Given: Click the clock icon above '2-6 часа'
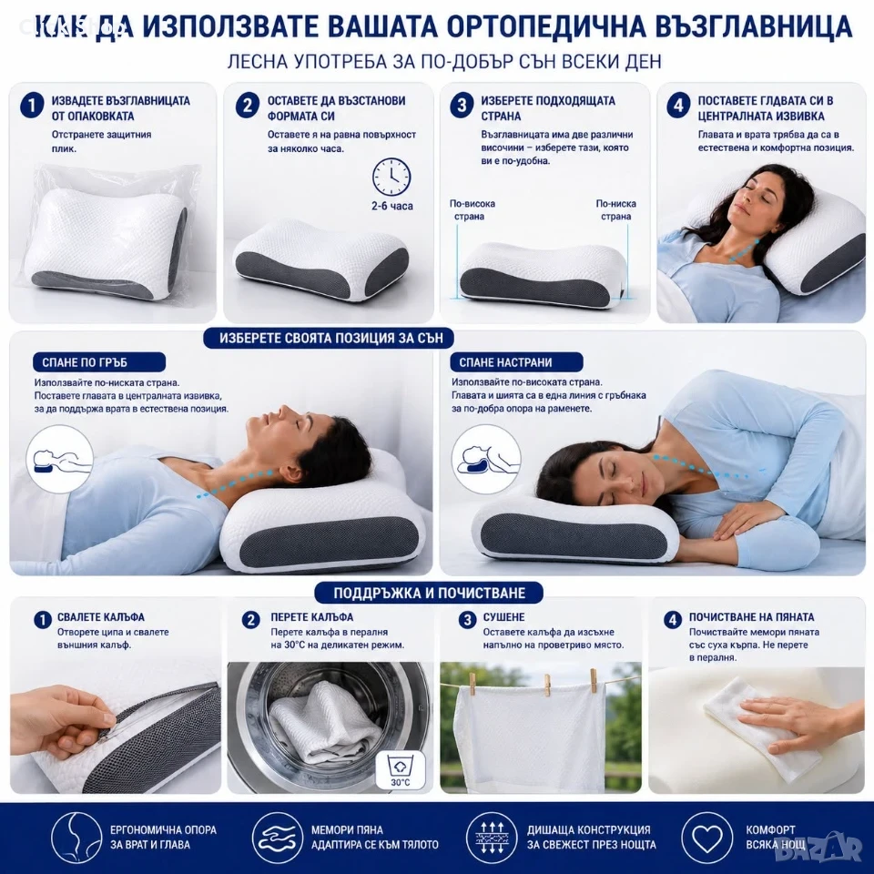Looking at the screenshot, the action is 391,178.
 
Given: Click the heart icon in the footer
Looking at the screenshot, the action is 706,838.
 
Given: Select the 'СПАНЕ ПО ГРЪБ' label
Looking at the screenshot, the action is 99,362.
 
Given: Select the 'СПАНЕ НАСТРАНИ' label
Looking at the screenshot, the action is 517,362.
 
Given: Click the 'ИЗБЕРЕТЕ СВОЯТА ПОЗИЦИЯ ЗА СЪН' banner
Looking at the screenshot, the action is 329,339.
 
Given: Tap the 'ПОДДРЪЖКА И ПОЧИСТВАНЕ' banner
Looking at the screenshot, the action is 429,593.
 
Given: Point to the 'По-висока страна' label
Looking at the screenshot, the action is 473,210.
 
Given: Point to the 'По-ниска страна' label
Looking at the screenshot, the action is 616,210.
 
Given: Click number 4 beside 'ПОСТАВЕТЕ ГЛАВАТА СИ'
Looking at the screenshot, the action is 677,105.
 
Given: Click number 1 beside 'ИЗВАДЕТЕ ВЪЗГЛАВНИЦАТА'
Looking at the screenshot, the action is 32,106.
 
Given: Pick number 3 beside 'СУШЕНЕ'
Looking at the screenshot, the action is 467,619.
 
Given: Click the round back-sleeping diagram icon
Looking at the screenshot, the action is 60,459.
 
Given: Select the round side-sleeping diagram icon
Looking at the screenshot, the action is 486,459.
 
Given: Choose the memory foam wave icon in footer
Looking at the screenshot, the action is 277,838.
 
